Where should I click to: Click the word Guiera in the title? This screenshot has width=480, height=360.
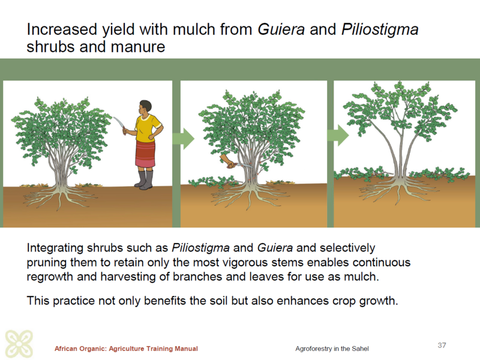tap(281, 29)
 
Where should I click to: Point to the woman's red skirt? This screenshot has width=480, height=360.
tap(145, 154)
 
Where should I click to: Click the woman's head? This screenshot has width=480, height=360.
tap(145, 107)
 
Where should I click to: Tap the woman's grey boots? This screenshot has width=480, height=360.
tap(145, 179)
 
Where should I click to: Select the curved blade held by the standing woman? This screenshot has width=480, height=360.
tap(119, 124)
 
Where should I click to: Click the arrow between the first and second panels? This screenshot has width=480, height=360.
tap(184, 139)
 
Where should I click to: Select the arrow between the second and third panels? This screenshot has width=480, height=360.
tap(338, 135)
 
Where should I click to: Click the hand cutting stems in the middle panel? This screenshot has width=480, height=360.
tap(228, 161)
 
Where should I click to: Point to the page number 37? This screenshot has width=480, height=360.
tap(442, 346)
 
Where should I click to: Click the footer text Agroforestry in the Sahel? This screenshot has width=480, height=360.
tap(332, 349)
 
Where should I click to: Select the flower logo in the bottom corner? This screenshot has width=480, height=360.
tap(19, 344)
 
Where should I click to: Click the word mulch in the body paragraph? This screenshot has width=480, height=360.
tap(361, 277)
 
